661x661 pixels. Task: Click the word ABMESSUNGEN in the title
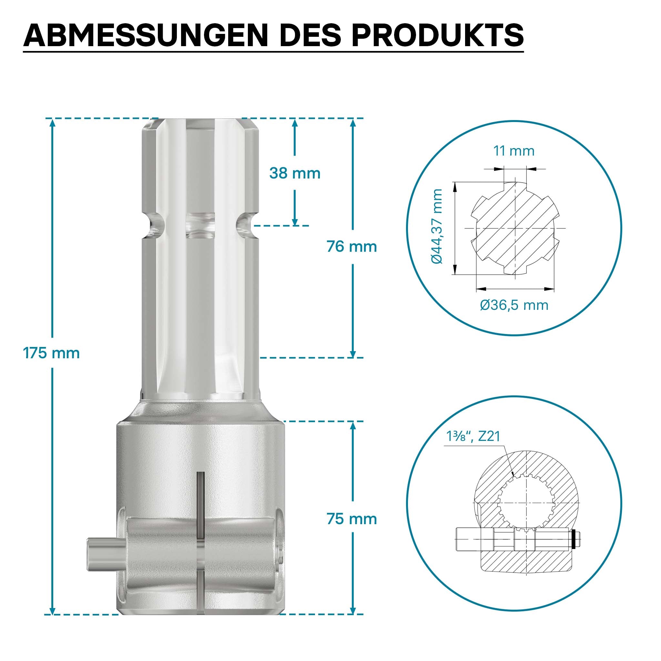tap(146, 35)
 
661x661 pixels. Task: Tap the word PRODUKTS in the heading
tap(438, 35)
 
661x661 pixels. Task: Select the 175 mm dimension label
tap(51, 353)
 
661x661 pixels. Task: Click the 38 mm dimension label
tap(295, 173)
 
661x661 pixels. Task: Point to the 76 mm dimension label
tap(352, 246)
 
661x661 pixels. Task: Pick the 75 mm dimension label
tap(352, 519)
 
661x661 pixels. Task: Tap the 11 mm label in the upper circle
tap(514, 151)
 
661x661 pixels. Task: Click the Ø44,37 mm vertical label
tap(437, 227)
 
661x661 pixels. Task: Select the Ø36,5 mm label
tap(514, 305)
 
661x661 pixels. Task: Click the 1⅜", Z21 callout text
tap(473, 436)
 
